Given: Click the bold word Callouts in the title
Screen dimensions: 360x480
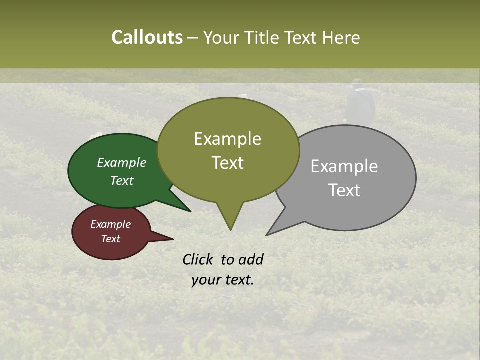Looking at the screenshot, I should coord(147,37).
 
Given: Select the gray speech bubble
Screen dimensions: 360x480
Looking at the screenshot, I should coord(380,200).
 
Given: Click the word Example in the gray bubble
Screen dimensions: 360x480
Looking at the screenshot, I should coord(344,166).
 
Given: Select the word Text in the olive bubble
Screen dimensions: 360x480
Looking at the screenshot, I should coord(228,163).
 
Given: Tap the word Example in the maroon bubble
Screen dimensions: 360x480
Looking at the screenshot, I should coord(110,224).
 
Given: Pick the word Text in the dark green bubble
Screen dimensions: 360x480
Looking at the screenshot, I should coord(122,180).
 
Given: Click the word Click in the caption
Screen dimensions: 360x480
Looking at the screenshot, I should coord(198,260).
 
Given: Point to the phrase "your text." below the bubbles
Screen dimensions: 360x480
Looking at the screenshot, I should coord(223,280).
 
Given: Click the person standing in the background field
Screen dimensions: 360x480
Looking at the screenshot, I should coord(360,102).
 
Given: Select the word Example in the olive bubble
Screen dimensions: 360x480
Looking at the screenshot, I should coord(227,139).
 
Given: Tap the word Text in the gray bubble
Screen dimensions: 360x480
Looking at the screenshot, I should coord(345,190).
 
